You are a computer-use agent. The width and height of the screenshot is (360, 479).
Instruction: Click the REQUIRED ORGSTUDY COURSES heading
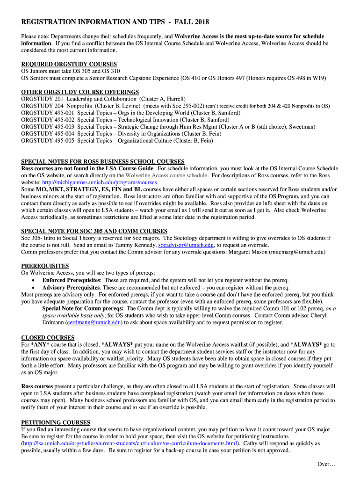pos(69,64)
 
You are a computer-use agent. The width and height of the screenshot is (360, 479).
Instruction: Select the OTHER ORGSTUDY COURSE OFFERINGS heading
pos(80,92)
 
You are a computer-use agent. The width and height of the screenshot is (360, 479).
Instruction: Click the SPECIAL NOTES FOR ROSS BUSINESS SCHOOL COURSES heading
pos(103,162)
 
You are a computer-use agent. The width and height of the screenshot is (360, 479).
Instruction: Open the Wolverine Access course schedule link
pos(166,175)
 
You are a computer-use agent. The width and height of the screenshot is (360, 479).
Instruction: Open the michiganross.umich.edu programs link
pos(100,182)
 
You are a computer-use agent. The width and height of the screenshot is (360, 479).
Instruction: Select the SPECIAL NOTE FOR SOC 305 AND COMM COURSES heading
pos(94,231)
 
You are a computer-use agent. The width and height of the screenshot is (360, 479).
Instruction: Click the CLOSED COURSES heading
pos(48,338)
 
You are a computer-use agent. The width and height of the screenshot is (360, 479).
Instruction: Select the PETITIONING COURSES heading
pos(56,422)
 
